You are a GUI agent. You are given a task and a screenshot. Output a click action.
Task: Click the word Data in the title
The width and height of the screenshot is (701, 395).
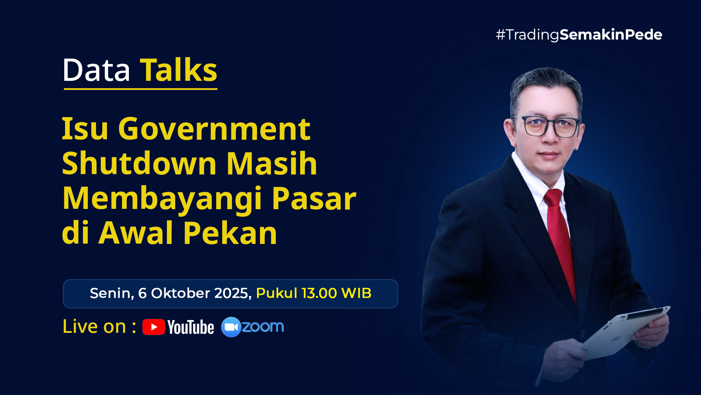(96, 70)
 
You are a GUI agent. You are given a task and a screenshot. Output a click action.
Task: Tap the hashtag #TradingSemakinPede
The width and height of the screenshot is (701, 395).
(579, 35)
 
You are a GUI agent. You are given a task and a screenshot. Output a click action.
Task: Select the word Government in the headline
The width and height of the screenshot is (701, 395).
(214, 129)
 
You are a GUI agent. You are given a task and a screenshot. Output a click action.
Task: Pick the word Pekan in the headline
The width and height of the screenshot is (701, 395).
(230, 233)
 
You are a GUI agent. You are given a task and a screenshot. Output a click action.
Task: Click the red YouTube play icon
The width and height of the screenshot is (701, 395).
(154, 327)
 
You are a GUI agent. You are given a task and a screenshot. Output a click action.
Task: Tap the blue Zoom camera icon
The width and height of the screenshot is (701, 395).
(231, 327)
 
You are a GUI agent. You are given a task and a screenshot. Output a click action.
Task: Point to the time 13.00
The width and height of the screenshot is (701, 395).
(319, 293)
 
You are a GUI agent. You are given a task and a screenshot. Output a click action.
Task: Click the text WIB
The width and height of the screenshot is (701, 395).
(356, 293)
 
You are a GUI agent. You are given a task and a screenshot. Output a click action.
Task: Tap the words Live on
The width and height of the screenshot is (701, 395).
(94, 327)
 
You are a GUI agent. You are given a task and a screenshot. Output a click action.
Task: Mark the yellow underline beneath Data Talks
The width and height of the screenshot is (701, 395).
(141, 89)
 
